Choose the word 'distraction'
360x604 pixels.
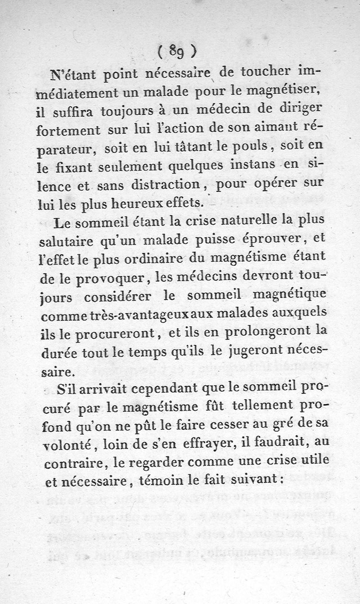(160, 185)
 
